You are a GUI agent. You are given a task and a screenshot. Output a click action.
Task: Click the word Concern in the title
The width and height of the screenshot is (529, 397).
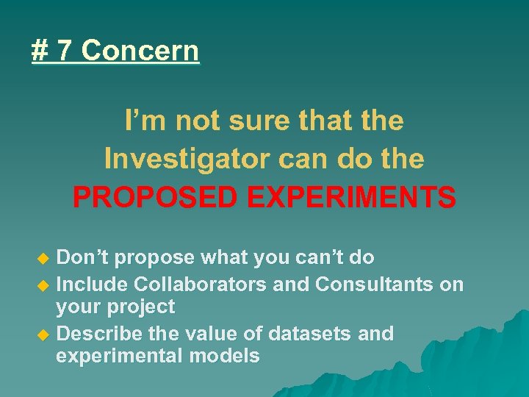(140, 51)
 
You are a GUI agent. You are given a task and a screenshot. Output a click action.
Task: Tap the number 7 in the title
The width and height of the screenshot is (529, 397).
(65, 51)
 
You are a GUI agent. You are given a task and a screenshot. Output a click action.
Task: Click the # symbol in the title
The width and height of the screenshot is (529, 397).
(40, 51)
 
